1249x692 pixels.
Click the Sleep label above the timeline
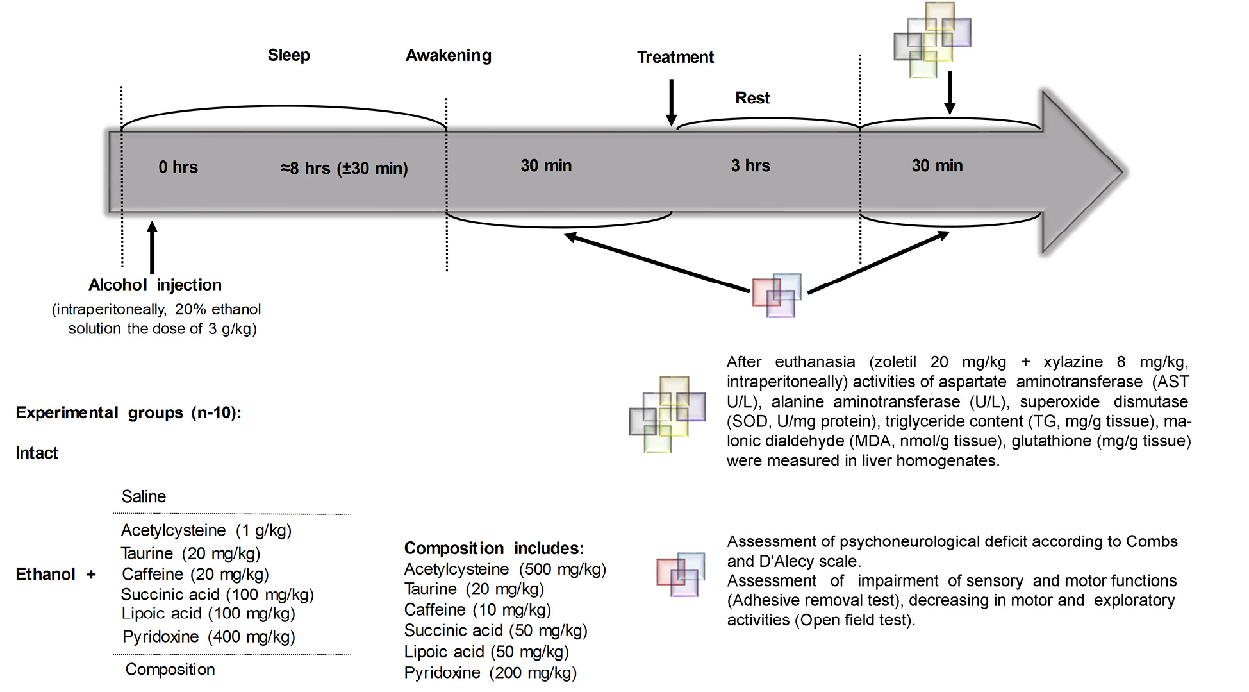(288, 55)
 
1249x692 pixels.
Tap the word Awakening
(449, 56)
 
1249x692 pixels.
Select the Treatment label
(675, 57)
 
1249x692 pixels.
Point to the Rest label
(752, 98)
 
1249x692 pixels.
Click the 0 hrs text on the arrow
(178, 167)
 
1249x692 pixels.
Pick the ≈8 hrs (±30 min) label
(344, 169)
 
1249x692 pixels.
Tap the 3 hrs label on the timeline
(750, 165)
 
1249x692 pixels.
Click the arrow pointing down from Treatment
(671, 103)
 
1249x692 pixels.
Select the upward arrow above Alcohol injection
(152, 248)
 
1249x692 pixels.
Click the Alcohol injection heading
(155, 285)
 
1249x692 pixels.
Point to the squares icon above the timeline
(932, 40)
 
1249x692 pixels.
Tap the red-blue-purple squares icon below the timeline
(777, 296)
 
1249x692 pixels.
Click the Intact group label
(37, 453)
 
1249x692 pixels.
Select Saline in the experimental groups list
(144, 496)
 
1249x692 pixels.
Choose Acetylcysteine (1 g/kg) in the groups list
(206, 530)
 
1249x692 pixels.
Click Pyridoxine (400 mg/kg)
(209, 637)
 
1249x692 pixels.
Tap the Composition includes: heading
(493, 548)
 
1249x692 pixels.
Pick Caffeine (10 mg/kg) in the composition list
(477, 609)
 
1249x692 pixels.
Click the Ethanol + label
(56, 574)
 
